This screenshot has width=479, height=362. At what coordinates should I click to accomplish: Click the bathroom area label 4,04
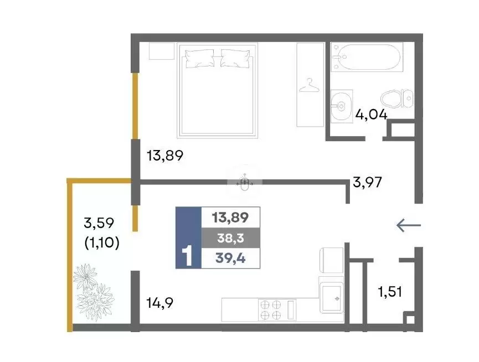coord(371,115)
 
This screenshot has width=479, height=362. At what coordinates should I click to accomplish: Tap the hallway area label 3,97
coord(367,182)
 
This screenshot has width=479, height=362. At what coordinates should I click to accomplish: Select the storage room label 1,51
coord(390,292)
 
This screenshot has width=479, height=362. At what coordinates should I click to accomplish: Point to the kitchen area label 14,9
coord(160,303)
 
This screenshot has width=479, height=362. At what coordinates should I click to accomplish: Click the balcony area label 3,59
coord(99,223)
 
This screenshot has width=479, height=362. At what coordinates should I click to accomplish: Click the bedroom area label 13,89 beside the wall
coord(165,156)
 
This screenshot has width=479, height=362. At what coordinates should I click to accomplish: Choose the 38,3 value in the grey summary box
coord(231,238)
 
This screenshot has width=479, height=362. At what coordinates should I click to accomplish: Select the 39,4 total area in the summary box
coord(230,258)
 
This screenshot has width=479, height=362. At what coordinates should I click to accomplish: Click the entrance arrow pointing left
coord(409,226)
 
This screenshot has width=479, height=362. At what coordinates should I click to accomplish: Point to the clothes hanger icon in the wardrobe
coord(309,85)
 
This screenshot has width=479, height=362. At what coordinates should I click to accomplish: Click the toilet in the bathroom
coord(397,99)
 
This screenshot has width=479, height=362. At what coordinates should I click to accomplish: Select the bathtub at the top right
coord(367,57)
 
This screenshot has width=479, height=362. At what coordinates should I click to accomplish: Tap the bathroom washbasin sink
coord(342,106)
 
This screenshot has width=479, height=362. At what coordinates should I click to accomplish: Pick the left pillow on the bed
coord(199,58)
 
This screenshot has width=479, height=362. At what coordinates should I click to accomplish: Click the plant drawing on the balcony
coord(94,292)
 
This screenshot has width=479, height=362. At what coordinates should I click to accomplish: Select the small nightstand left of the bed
coord(162,51)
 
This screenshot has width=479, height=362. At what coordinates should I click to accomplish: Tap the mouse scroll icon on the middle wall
coord(244,183)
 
